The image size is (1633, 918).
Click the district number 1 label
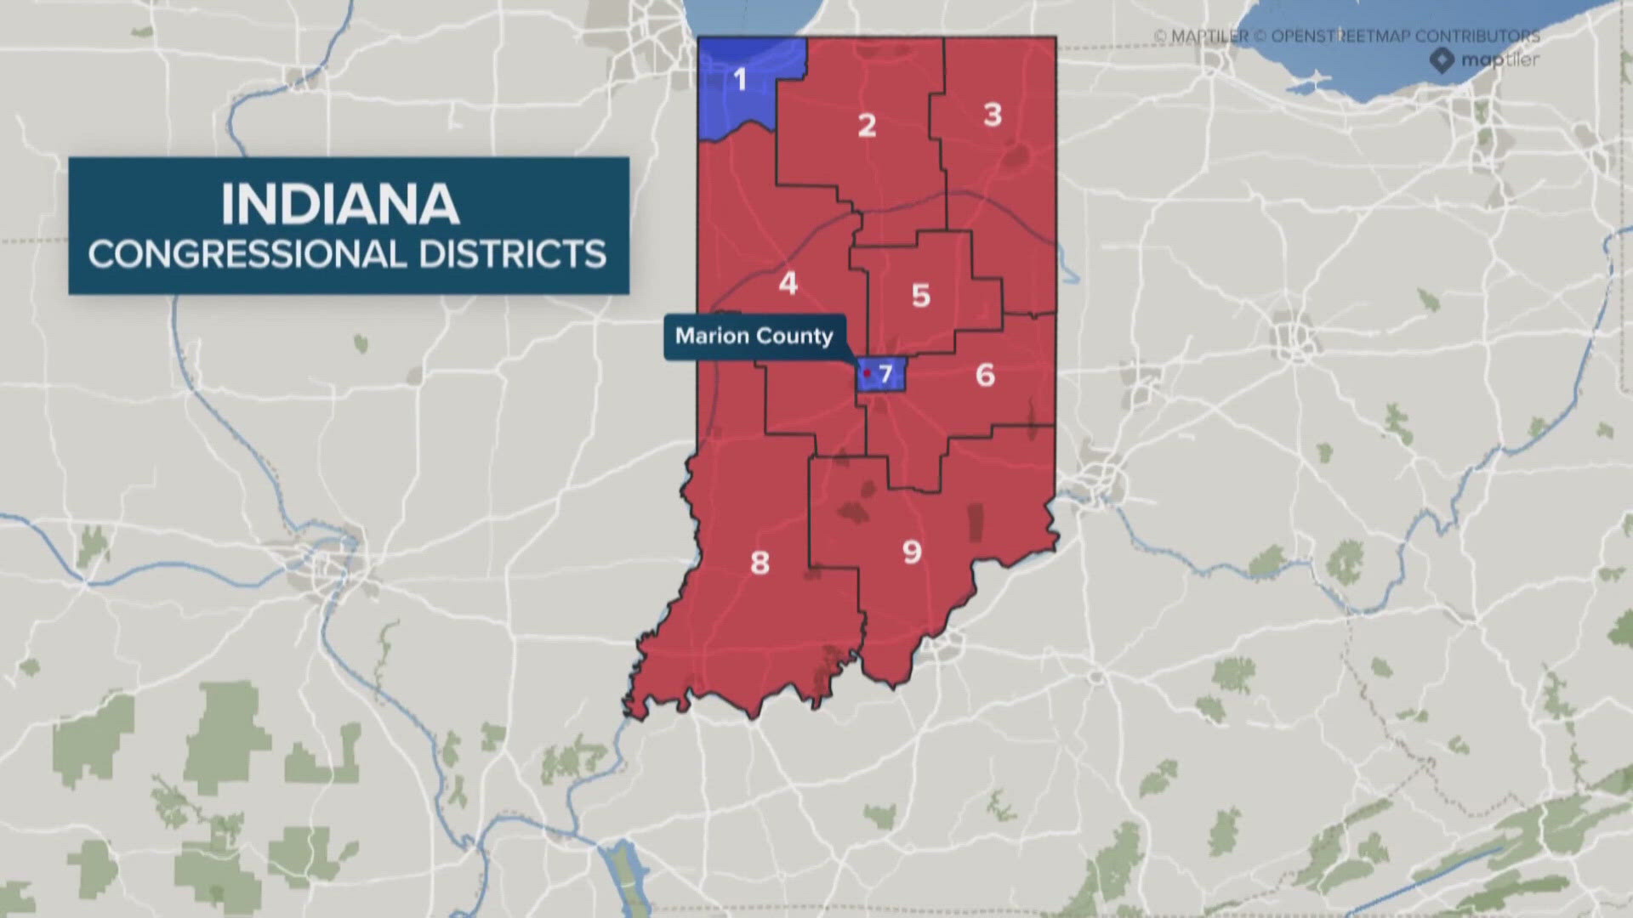[740, 81]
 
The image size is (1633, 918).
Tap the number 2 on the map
[867, 126]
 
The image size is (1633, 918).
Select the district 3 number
[993, 115]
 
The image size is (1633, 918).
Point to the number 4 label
[788, 283]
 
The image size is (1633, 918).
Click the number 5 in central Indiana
[921, 296]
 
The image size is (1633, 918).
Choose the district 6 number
[985, 375]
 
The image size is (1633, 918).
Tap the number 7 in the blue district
[885, 373]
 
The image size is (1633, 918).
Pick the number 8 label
[760, 563]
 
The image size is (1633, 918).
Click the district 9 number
[912, 552]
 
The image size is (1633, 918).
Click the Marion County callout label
[754, 337]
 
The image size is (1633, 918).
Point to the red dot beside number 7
[867, 373]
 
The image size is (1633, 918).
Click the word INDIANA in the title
[340, 205]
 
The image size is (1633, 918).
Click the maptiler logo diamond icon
[1442, 60]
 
